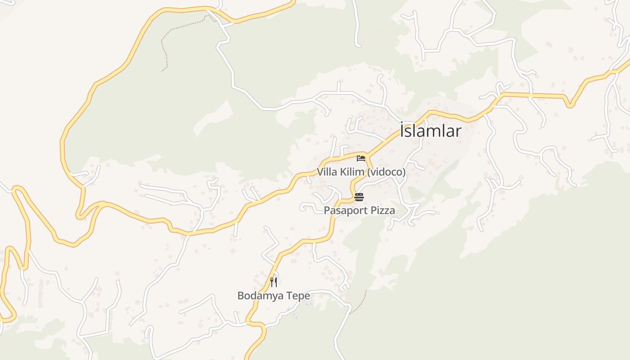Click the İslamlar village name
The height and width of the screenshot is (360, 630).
point(431,131)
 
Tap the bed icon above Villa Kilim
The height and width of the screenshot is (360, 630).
point(360,158)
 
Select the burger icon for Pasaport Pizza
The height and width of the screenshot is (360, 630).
point(359,197)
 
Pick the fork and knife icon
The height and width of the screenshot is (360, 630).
point(273,282)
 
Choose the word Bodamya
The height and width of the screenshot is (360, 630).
point(261,296)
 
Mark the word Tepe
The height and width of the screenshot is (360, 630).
point(298,296)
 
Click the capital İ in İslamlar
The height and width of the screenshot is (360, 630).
point(402,130)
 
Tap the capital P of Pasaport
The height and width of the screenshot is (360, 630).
point(327,211)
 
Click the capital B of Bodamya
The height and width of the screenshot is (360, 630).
point(241,296)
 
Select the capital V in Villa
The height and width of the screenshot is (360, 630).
point(320,172)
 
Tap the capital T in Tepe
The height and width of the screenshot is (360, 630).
point(290,296)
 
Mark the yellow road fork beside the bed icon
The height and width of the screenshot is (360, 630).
point(368,155)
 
